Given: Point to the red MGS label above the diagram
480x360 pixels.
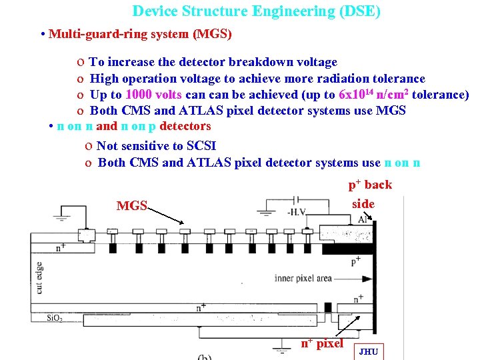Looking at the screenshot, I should point(131,205).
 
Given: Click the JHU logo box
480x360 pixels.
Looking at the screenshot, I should point(369,351).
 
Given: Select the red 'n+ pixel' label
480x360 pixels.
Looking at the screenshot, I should point(321,343).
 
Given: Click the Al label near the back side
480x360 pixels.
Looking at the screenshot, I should point(363,219).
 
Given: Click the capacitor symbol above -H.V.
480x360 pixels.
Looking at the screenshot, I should point(299,199).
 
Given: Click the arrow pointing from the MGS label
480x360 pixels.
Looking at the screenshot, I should point(166,214).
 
